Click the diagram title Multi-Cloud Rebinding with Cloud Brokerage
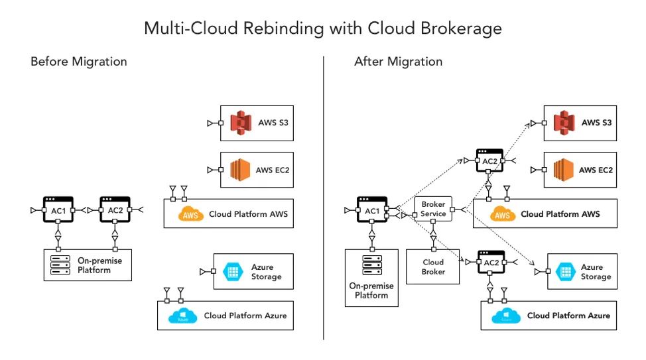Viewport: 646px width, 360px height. [323, 29]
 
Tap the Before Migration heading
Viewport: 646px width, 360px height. [78, 62]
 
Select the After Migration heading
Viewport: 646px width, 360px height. [398, 62]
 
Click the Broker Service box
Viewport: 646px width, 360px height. [433, 210]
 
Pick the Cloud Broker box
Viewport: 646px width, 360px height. [433, 267]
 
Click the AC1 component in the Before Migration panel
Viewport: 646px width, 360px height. [58, 210]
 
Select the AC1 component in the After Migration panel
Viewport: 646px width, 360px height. [372, 210]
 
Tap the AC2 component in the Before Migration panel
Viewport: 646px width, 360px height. [115, 210]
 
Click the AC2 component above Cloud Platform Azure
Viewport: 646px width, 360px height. [490, 263]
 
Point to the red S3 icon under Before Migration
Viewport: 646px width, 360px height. [241, 123]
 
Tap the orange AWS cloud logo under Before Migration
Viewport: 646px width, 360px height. [191, 214]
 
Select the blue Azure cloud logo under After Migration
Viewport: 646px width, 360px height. [505, 316]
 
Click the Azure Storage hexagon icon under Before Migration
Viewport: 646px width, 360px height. [233, 270]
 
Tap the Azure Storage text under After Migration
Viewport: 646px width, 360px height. [592, 271]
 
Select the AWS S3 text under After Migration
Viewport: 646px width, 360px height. [596, 123]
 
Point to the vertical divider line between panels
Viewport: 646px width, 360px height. [324, 199]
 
